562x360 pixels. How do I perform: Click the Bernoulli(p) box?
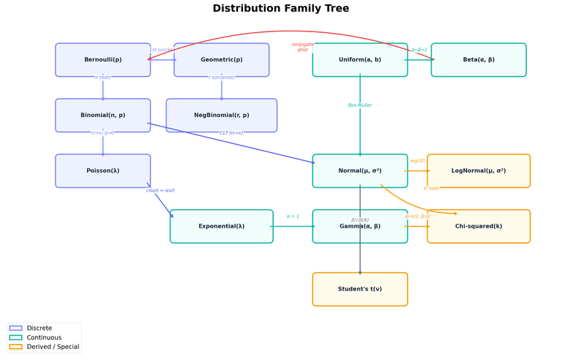coord(103,60)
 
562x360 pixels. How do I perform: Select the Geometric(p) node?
coord(222,60)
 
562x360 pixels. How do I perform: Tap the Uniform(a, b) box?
coord(360,60)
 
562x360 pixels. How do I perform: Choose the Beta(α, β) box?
coord(479,60)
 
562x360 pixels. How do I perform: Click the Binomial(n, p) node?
coord(103,116)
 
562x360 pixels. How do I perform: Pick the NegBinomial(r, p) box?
coord(222,116)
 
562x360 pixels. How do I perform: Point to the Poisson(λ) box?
coord(103,171)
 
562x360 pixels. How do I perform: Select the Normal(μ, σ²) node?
coord(360,171)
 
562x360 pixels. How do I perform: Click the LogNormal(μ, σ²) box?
coord(479,171)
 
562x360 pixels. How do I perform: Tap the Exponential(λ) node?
coord(222,227)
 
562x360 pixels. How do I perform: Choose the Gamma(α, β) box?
coord(360,227)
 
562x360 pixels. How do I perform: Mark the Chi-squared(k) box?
coord(479,227)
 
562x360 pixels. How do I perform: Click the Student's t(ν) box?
coord(360,289)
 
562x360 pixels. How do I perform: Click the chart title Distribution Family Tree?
coord(281,9)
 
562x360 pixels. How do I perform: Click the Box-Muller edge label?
coord(360,105)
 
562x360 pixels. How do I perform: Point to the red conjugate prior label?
coord(303,47)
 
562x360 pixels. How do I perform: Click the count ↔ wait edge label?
coord(160,191)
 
